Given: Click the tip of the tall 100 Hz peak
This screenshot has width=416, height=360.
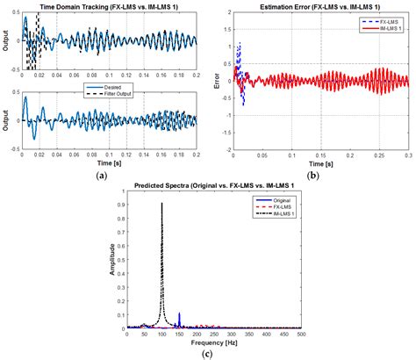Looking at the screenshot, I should coord(162,204).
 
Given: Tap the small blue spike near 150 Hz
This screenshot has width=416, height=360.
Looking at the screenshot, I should coord(180,313).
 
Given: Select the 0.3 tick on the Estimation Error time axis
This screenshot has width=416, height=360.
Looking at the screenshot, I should coord(407,155).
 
